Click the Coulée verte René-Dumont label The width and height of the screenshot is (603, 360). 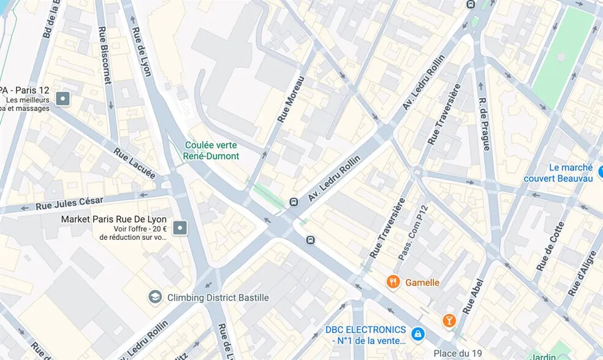click(211, 151)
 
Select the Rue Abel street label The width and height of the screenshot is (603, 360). click(473, 296)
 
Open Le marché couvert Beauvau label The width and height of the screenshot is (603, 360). click(562, 173)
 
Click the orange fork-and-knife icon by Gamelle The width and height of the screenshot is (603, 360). click(393, 282)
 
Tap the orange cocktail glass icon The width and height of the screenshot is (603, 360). click(449, 320)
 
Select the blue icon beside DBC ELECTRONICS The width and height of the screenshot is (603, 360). click(418, 334)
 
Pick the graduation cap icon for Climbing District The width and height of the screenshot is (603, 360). click(156, 297)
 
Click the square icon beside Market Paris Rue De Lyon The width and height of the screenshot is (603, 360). click(180, 228)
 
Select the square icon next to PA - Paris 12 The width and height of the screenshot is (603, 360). click(63, 98)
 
